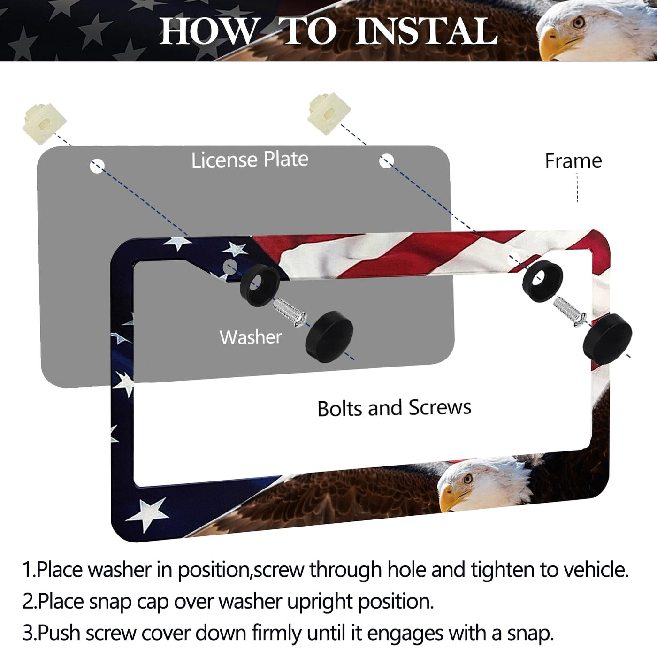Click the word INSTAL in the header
point(426,31)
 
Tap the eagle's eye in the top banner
point(578,23)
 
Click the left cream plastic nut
point(44,123)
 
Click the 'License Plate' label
point(250,160)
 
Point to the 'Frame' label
point(573,161)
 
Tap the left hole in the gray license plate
point(97,167)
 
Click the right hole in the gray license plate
point(387,160)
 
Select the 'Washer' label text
point(251,337)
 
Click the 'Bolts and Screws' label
point(394,408)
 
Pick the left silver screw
point(290,312)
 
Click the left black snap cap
point(329,336)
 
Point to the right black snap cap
point(607,336)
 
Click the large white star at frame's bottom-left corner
point(148,513)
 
